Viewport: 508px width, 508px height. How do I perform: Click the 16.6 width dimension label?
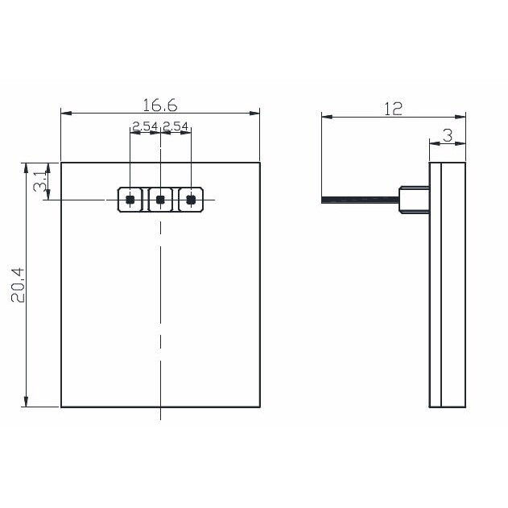(160, 105)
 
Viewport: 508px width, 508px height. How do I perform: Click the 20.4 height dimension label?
(18, 285)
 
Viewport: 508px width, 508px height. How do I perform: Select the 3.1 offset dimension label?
(40, 181)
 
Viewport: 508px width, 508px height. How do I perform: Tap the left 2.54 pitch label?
(145, 126)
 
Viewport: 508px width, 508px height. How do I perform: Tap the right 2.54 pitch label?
(176, 126)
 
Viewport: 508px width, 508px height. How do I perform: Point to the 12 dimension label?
(394, 109)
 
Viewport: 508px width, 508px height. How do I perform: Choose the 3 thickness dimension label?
(448, 135)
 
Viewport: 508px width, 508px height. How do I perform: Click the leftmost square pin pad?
(130, 200)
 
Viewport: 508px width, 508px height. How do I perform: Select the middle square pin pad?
(160, 200)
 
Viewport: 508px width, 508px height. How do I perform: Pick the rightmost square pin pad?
(191, 200)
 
